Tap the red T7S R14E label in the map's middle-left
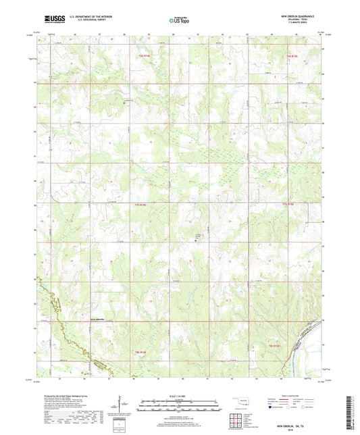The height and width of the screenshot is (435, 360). click(x=140, y=204)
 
